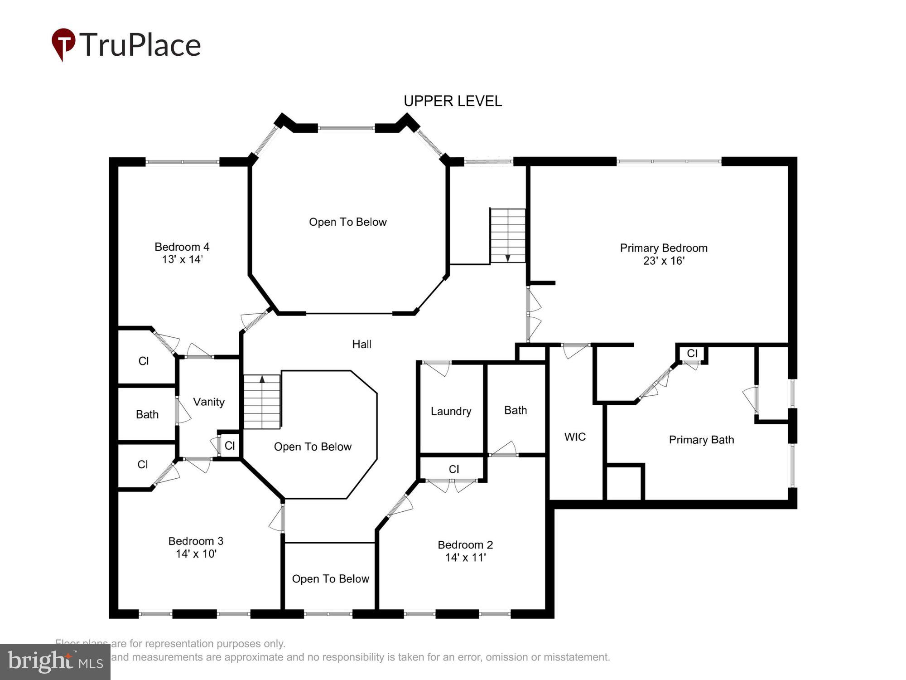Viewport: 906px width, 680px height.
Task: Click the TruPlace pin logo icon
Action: click(63, 44)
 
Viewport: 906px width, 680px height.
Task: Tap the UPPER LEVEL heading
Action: click(453, 101)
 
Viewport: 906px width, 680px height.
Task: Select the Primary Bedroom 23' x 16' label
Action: click(664, 254)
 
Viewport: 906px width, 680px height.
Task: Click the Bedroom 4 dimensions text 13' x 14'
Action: click(182, 259)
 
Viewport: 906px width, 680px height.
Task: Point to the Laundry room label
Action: click(451, 411)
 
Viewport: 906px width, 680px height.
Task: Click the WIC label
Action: click(575, 437)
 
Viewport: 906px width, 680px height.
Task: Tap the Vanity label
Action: click(209, 402)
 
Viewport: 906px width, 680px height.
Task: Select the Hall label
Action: click(361, 344)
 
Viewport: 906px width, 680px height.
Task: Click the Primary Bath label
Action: click(701, 439)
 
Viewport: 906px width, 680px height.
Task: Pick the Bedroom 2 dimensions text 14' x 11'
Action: click(465, 558)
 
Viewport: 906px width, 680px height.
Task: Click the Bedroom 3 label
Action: click(196, 541)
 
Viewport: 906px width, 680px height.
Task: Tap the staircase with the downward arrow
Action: click(508, 235)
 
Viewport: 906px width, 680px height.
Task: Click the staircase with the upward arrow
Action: click(262, 402)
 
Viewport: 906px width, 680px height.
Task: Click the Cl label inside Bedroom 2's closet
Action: click(454, 469)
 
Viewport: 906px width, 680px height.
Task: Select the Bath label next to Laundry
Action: click(516, 410)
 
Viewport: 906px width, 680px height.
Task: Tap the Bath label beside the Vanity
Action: click(147, 414)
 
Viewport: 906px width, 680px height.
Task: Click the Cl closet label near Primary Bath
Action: click(692, 353)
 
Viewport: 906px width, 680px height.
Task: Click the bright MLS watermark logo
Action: click(55, 661)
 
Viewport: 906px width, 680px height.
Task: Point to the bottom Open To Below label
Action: click(330, 578)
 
